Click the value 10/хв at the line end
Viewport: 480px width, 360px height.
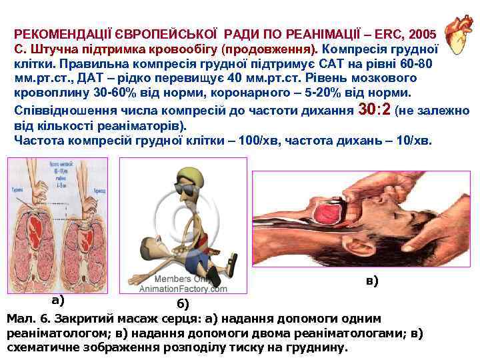413,140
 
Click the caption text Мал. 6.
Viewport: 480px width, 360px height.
27,318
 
